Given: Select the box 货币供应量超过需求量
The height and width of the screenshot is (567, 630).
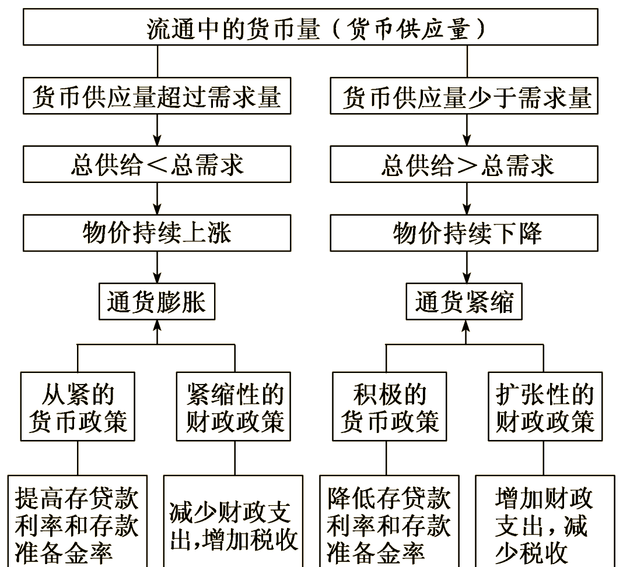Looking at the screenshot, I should (157, 97).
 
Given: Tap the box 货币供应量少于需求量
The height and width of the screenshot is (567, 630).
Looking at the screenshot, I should (466, 97).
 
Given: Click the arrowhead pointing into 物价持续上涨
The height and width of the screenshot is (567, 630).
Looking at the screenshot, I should (157, 210).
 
